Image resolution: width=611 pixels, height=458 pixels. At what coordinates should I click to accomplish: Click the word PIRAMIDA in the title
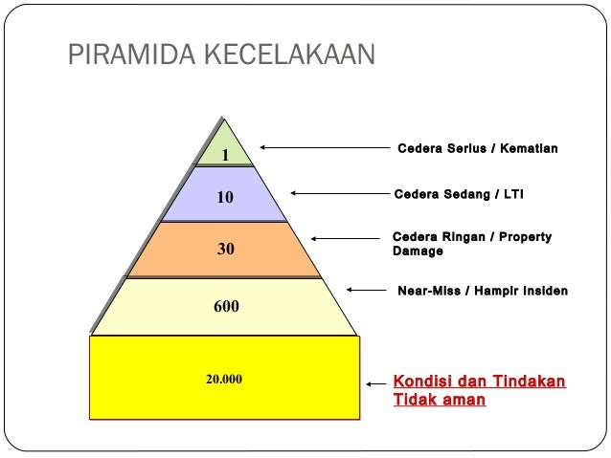(125, 55)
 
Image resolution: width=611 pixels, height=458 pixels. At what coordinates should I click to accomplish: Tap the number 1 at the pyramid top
(225, 155)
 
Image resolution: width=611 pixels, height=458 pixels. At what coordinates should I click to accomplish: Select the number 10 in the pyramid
(225, 198)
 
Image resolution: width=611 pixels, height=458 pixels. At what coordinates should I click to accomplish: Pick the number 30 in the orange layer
(225, 250)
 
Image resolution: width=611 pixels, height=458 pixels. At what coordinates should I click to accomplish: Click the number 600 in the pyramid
(226, 307)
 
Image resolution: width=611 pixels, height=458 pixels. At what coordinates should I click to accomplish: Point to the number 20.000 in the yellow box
(224, 379)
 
